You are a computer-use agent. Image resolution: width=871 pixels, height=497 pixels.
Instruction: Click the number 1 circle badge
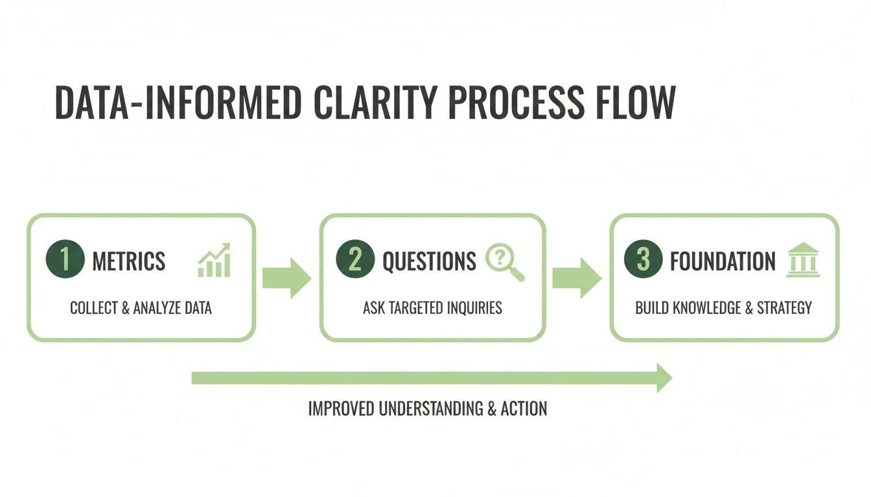click(65, 260)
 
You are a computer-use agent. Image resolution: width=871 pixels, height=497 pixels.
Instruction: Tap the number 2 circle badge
click(355, 260)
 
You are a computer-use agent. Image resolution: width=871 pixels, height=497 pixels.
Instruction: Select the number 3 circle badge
click(643, 260)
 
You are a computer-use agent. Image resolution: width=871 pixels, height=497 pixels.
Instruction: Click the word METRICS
click(129, 261)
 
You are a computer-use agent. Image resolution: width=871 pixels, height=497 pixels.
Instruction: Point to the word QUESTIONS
click(429, 261)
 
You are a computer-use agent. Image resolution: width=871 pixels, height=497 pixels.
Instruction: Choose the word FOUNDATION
click(722, 261)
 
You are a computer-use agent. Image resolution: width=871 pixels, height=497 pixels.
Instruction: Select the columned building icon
click(803, 260)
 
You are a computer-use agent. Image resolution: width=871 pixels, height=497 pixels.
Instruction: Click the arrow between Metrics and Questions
click(287, 278)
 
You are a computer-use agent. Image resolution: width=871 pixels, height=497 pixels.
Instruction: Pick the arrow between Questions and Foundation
click(577, 278)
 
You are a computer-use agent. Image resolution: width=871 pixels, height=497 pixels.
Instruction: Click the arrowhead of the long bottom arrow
click(664, 378)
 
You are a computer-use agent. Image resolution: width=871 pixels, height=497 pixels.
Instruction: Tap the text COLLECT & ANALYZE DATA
click(141, 308)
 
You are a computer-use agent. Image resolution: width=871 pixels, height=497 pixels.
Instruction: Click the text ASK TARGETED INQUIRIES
click(432, 308)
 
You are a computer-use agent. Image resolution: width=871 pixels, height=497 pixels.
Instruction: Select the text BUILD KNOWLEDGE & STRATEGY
click(723, 308)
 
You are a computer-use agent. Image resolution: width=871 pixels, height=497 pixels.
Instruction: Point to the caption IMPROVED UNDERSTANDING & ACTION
click(427, 409)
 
